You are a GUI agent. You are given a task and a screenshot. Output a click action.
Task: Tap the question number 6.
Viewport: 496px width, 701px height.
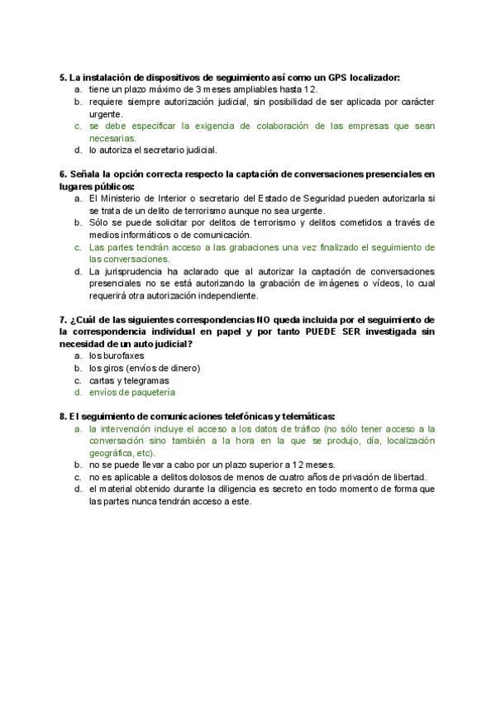pyautogui.click(x=63, y=174)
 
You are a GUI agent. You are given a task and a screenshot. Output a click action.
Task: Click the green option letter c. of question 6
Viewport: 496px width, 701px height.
pyautogui.click(x=77, y=247)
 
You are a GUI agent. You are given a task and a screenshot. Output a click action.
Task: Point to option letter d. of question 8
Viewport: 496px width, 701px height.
pyautogui.click(x=77, y=489)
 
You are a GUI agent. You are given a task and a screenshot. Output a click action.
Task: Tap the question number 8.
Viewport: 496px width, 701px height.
pyautogui.click(x=63, y=417)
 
